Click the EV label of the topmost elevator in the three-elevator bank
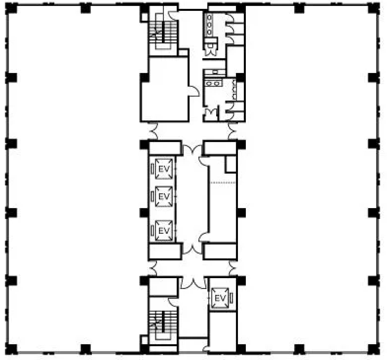tap(164, 169)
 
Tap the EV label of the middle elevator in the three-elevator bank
tap(164, 197)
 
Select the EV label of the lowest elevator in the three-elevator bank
tap(164, 231)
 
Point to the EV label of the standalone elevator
tap(220, 298)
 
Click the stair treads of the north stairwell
tap(163, 32)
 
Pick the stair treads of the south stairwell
tap(163, 322)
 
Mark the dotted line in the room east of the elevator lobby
tap(223, 183)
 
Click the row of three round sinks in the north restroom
tap(209, 25)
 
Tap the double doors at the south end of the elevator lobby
tap(193, 248)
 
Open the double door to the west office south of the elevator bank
tap(153, 268)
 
